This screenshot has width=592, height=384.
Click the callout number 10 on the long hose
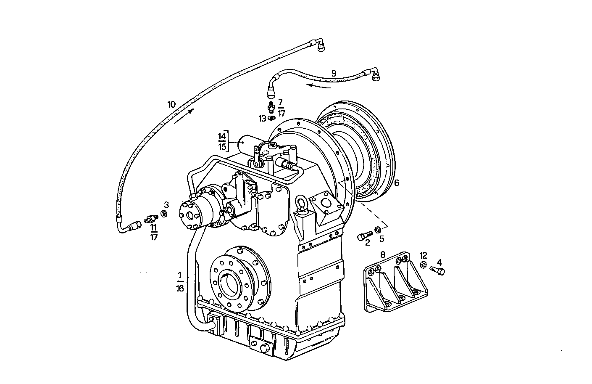click(171, 104)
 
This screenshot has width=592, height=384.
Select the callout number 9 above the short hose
click(334, 73)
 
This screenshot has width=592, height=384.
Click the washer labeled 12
click(424, 265)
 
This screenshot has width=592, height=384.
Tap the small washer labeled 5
click(378, 230)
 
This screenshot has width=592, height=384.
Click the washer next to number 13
click(271, 119)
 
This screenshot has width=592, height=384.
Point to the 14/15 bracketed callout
click(222, 141)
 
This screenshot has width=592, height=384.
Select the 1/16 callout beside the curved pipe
click(180, 281)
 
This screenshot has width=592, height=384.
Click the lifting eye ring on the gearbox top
click(302, 202)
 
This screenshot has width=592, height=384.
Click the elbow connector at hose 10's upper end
click(320, 45)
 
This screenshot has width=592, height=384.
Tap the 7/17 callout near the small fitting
click(281, 107)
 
